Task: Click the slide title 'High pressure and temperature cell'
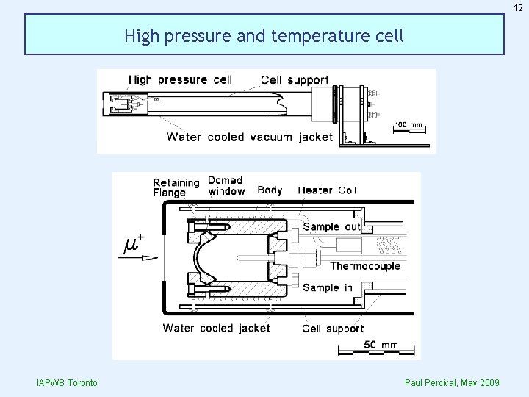click(264, 35)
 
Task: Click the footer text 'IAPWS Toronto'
click(62, 383)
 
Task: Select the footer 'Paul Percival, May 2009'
click(452, 383)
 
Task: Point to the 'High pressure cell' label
click(180, 79)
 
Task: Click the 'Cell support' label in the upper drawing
click(295, 79)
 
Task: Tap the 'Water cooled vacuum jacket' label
click(249, 137)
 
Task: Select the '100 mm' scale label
click(409, 124)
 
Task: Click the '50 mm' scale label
click(380, 344)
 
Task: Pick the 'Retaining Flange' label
click(176, 187)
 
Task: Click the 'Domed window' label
click(226, 186)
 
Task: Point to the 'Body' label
click(270, 190)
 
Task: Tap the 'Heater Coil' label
click(327, 190)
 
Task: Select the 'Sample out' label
click(332, 226)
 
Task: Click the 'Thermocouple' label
click(365, 265)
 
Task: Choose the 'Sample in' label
click(328, 287)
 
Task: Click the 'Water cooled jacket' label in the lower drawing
click(216, 328)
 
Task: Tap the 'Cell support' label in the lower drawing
click(333, 329)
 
